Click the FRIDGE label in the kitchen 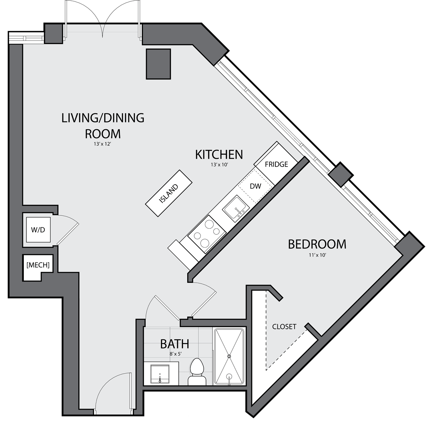click(276, 164)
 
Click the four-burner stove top click(207, 234)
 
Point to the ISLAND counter click(169, 193)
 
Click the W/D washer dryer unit click(38, 230)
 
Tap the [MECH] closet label click(38, 265)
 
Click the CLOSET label click(284, 327)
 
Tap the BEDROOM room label click(317, 244)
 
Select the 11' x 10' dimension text click(317, 255)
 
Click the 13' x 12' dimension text click(102, 144)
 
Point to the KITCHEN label click(219, 155)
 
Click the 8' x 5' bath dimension click(175, 354)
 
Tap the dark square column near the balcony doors click(158, 64)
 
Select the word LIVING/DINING click(103, 118)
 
